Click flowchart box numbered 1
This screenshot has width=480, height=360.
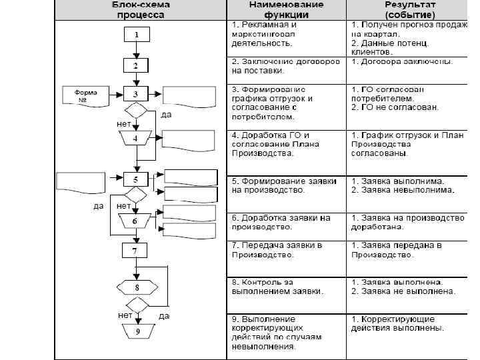(x=136, y=35)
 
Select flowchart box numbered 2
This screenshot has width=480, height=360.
(x=136, y=65)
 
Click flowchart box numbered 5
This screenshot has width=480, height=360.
(x=136, y=179)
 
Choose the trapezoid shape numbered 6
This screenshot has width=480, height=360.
(x=135, y=221)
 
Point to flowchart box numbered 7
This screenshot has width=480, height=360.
(x=136, y=251)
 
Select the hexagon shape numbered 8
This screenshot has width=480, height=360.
(x=136, y=287)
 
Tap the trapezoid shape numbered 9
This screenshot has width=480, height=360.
(x=136, y=331)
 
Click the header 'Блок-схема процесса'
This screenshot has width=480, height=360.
(x=140, y=9)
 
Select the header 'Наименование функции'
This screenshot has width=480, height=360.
(x=287, y=9)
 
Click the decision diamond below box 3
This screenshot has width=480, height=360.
(x=136, y=111)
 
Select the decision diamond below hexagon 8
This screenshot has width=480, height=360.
(x=136, y=305)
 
